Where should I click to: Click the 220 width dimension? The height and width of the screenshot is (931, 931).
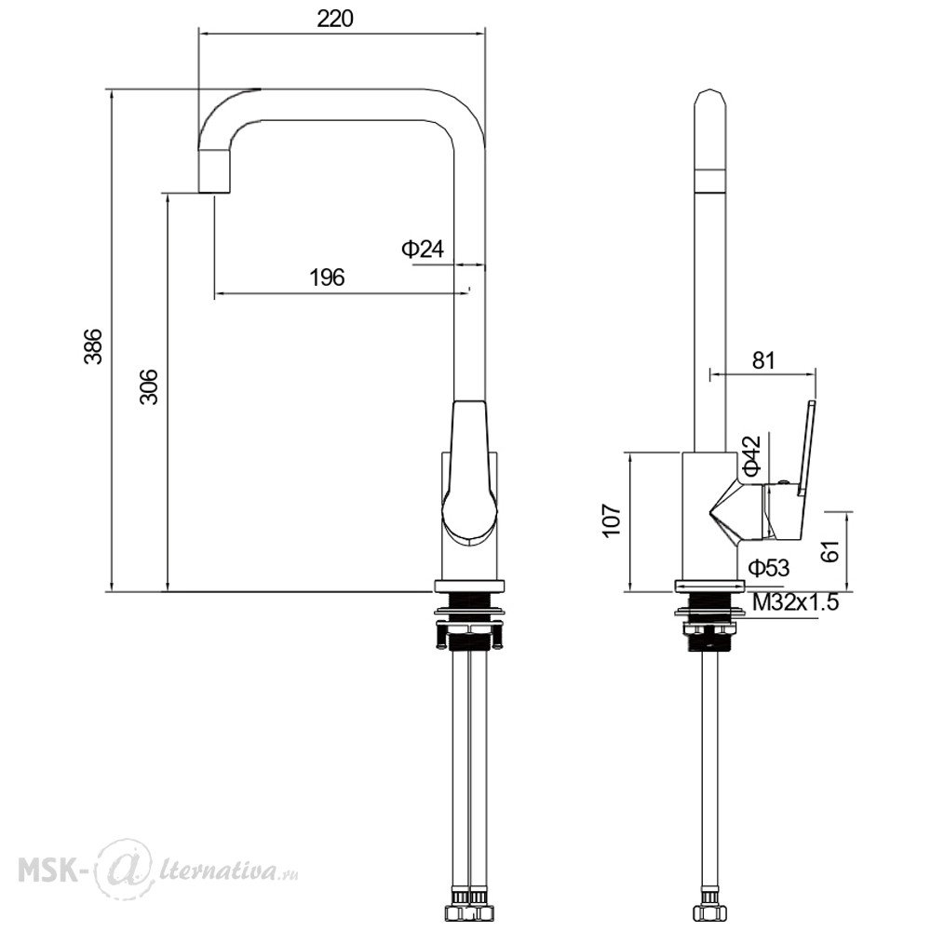click(335, 19)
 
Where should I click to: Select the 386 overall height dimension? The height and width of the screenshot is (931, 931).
click(93, 345)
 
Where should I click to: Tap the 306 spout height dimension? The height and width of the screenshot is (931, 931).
click(149, 386)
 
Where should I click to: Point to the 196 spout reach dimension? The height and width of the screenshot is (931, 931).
click(327, 277)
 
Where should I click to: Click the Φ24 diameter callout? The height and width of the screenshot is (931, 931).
click(423, 249)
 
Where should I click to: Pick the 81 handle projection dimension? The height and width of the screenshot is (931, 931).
click(763, 359)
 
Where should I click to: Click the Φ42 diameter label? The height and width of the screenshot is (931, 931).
click(751, 456)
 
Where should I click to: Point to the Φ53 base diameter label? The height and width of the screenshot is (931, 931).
click(769, 568)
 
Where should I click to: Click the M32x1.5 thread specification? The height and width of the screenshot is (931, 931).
click(796, 602)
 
